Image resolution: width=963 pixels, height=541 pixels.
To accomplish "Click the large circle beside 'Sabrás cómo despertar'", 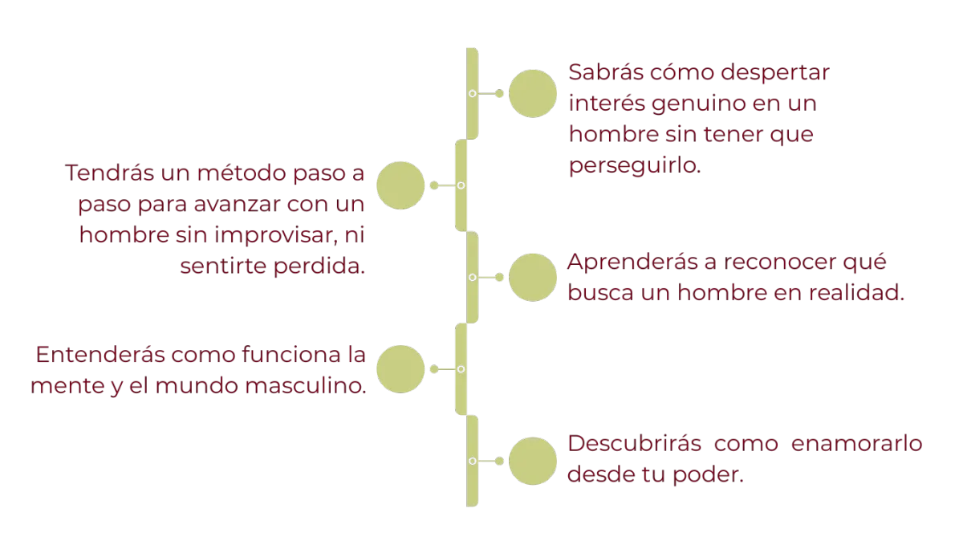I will pyautogui.click(x=533, y=94).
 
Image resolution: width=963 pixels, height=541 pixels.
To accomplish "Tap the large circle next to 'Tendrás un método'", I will pyautogui.click(x=400, y=185).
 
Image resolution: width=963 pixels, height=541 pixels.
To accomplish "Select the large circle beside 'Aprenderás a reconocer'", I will pyautogui.click(x=533, y=277).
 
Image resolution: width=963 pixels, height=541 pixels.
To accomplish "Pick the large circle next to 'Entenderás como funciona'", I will pyautogui.click(x=400, y=369).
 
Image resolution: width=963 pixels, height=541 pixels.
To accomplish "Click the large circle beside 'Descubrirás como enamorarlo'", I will pyautogui.click(x=533, y=461).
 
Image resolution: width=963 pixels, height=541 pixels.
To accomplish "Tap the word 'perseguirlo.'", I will pyautogui.click(x=635, y=167).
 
